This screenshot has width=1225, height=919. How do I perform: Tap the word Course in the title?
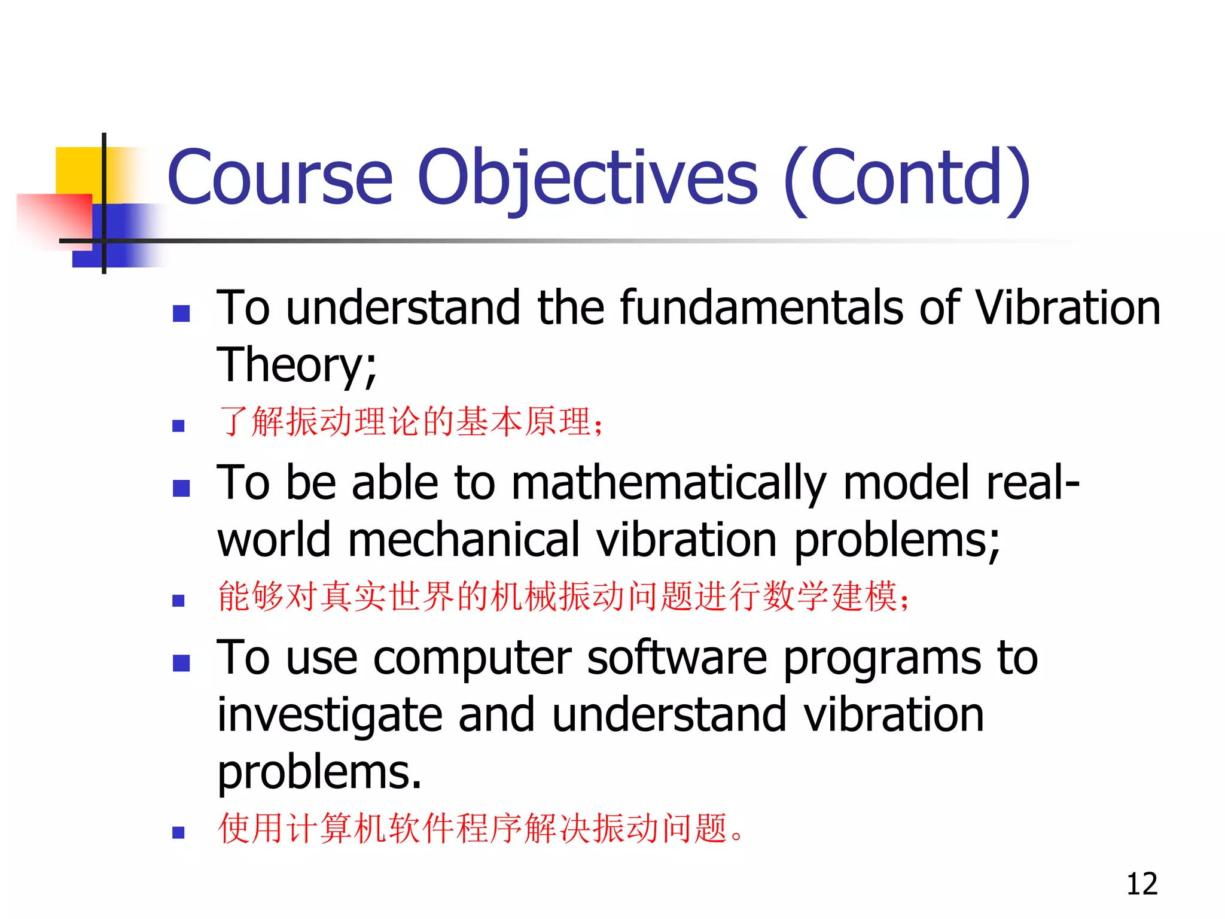[x=280, y=177]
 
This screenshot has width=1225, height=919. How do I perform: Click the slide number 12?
[x=1141, y=884]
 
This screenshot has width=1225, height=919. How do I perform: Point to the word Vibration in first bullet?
[x=1067, y=308]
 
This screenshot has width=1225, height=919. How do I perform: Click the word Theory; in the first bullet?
[x=297, y=365]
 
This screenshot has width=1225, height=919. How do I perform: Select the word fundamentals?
[x=761, y=308]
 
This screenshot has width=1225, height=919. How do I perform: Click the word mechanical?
[x=464, y=540]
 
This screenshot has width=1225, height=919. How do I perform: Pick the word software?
[x=677, y=658]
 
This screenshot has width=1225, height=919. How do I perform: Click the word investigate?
[x=330, y=715]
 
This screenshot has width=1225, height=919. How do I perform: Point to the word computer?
[x=473, y=659]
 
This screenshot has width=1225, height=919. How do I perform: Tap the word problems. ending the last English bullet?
[x=319, y=772]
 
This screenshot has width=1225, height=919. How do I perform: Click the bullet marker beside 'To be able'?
[x=181, y=488]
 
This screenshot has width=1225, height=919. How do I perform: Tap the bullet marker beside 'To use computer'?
[x=181, y=663]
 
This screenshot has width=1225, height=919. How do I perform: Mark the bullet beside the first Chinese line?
[x=178, y=426]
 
